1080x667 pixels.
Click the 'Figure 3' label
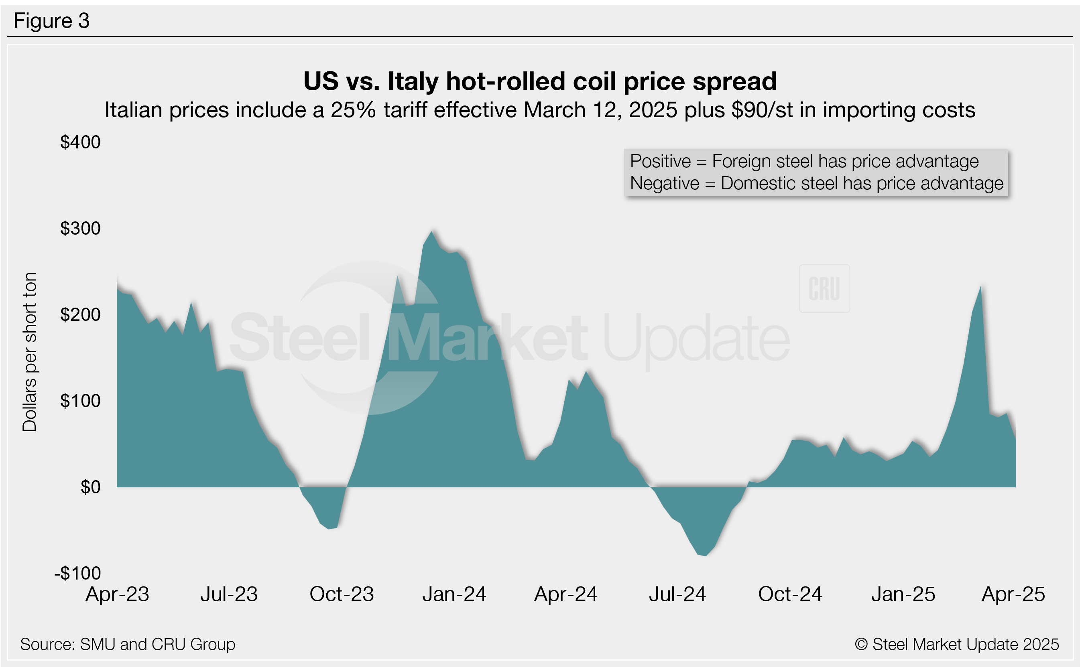(x=52, y=21)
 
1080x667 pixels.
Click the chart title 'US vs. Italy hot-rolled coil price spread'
(x=540, y=81)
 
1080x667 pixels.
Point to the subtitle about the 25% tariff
(x=540, y=110)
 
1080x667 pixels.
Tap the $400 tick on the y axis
(x=80, y=142)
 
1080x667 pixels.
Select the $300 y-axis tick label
(x=80, y=228)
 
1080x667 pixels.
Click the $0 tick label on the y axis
(x=90, y=487)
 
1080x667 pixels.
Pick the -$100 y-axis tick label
(x=78, y=573)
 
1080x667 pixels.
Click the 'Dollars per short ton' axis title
(x=30, y=352)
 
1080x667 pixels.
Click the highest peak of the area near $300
(x=432, y=232)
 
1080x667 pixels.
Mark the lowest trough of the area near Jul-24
(x=705, y=555)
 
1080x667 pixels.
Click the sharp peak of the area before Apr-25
(x=981, y=287)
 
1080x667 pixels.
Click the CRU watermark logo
(x=824, y=289)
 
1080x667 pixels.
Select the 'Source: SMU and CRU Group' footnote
(x=128, y=645)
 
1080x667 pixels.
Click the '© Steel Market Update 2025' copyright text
(x=957, y=645)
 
